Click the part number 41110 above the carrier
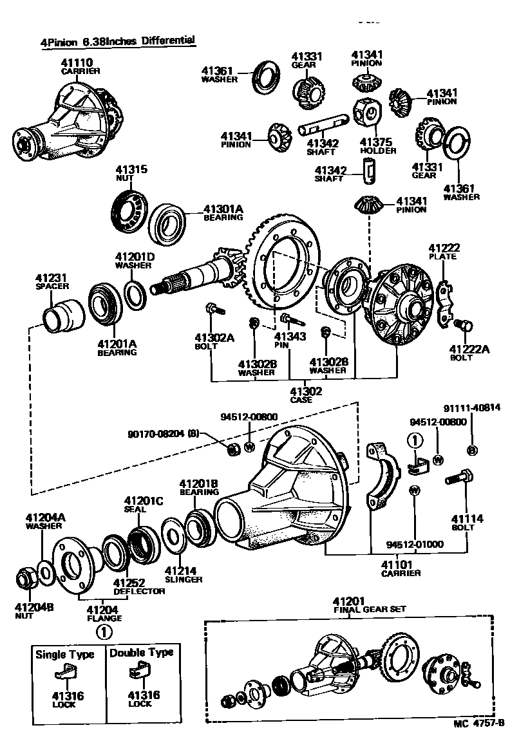click(77, 62)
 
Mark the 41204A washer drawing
click(45, 570)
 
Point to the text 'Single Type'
click(64, 654)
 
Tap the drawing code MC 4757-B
click(478, 724)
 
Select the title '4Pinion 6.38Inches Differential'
click(118, 42)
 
